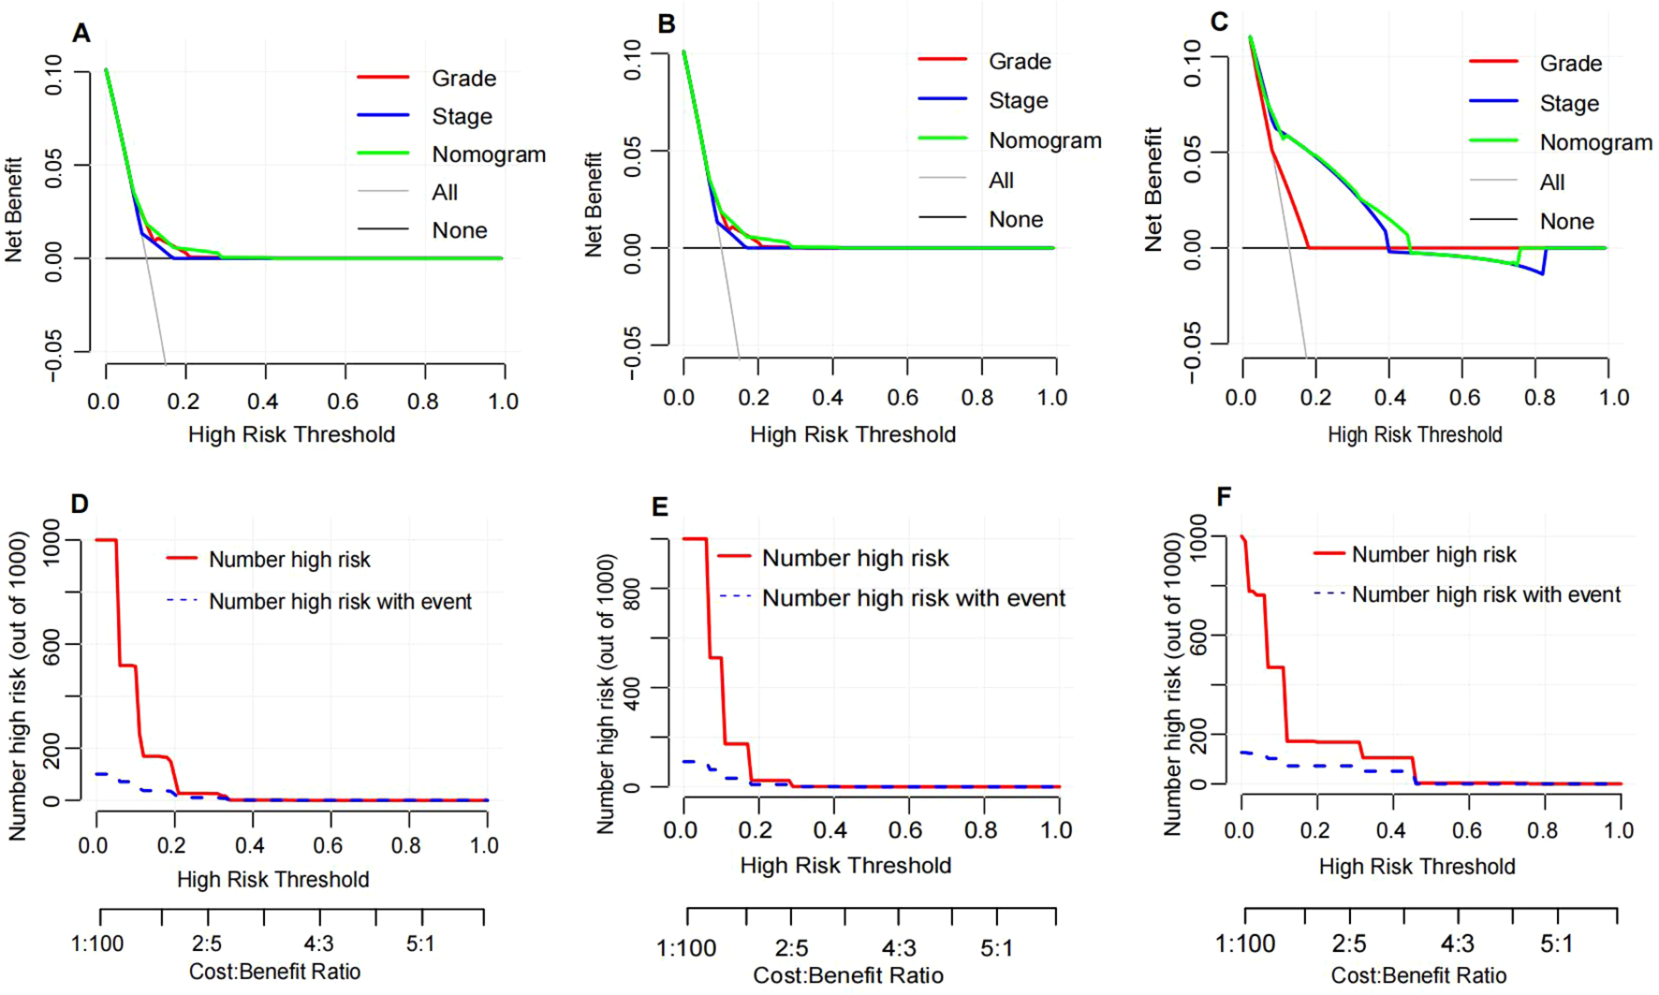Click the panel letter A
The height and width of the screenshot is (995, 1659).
tap(82, 34)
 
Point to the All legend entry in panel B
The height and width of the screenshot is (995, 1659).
tap(1001, 181)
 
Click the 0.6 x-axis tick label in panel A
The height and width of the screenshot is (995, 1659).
tap(343, 402)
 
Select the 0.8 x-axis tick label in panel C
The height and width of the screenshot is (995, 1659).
tap(1539, 398)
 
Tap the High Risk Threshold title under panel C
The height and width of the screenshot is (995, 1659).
tap(1414, 435)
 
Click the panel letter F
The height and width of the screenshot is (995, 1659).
tap(1224, 497)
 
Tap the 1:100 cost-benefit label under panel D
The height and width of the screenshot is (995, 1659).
tap(97, 944)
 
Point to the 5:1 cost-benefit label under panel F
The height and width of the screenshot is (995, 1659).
tap(1556, 944)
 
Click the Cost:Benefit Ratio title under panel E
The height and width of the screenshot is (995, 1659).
tap(848, 976)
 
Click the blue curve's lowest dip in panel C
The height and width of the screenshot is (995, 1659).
tap(1542, 273)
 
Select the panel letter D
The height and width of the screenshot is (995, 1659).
tap(80, 505)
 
